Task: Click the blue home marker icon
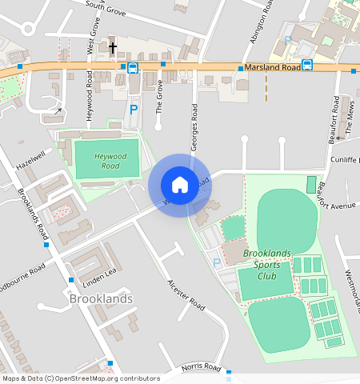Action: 180,186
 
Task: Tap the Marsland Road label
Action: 274,68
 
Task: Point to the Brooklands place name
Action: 101,298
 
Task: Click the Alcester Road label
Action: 186,294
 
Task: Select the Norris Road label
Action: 200,367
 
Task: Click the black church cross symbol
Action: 113,46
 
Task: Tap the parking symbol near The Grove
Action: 134,108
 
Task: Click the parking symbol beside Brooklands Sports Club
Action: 216,262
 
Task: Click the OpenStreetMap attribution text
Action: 81,378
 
